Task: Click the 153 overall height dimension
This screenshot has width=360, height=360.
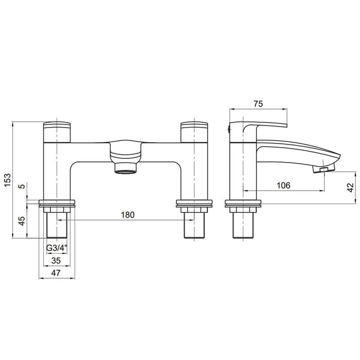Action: point(8,181)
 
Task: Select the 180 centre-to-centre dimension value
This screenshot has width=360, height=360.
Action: point(128,215)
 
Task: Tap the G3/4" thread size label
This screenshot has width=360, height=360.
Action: point(57,248)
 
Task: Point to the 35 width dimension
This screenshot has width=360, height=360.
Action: point(56,261)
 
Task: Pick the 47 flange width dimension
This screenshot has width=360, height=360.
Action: point(56,273)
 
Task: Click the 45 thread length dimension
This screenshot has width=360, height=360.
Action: point(22,221)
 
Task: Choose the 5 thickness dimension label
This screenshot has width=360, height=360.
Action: point(22,186)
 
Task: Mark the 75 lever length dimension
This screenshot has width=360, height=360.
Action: point(258,104)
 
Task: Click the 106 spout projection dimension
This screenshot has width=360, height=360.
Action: point(283,185)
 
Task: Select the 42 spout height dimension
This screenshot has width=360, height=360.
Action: point(351,188)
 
